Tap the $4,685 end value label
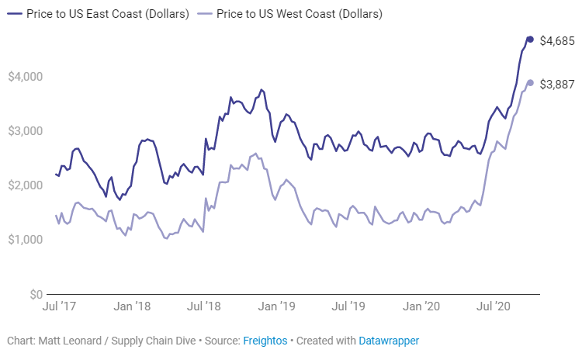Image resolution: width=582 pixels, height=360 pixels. click(556, 40)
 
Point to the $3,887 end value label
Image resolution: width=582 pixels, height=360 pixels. click(556, 84)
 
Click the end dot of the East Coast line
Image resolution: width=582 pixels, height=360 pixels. click(530, 40)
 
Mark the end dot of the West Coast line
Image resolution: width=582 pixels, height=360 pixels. click(530, 83)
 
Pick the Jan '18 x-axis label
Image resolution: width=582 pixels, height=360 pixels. click(132, 308)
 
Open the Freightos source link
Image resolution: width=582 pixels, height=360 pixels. click(265, 341)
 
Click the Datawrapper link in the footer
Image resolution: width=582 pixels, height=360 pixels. click(389, 341)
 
